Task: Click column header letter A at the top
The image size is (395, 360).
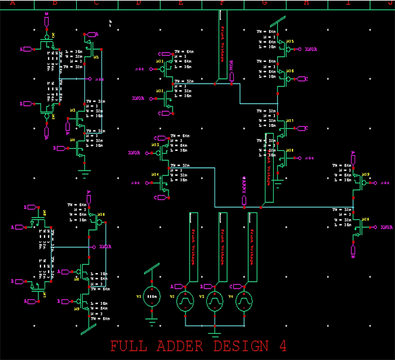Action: (x=12, y=3)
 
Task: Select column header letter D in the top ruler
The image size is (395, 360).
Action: (x=139, y=3)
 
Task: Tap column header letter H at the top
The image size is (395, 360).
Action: (x=307, y=3)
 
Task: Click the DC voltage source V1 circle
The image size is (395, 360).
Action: (x=154, y=297)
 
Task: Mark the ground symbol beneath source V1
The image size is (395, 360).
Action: (x=154, y=322)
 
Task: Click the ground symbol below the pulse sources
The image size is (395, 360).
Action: (x=214, y=332)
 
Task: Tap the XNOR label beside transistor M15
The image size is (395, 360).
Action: (x=311, y=49)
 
